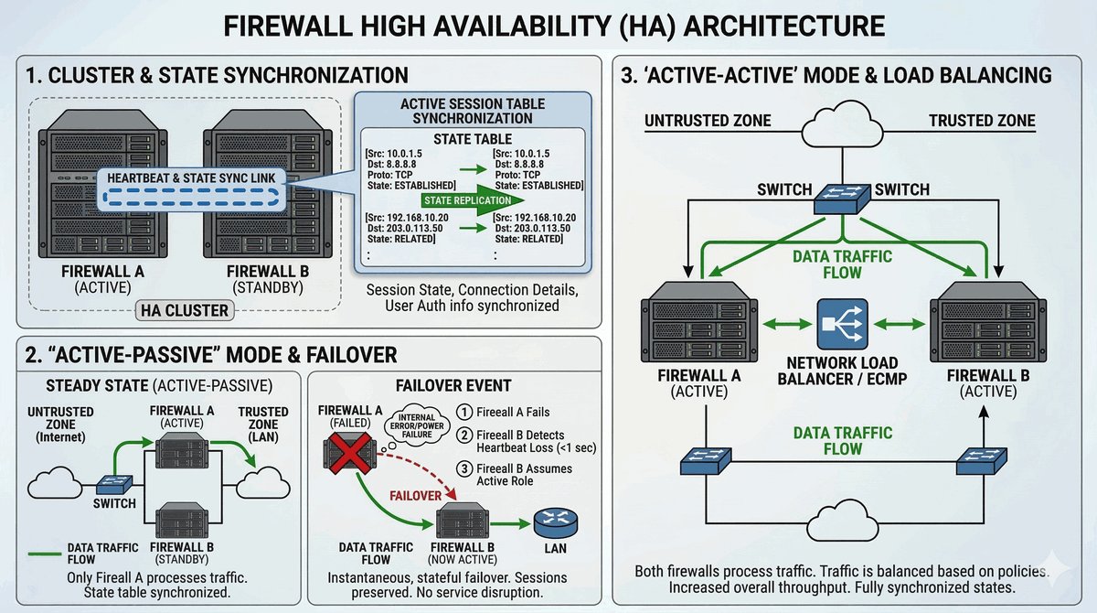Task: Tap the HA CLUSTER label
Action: pyautogui.click(x=185, y=310)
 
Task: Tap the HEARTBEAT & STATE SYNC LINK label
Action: pyautogui.click(x=191, y=176)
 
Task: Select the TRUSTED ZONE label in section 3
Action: pyautogui.click(x=982, y=121)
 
